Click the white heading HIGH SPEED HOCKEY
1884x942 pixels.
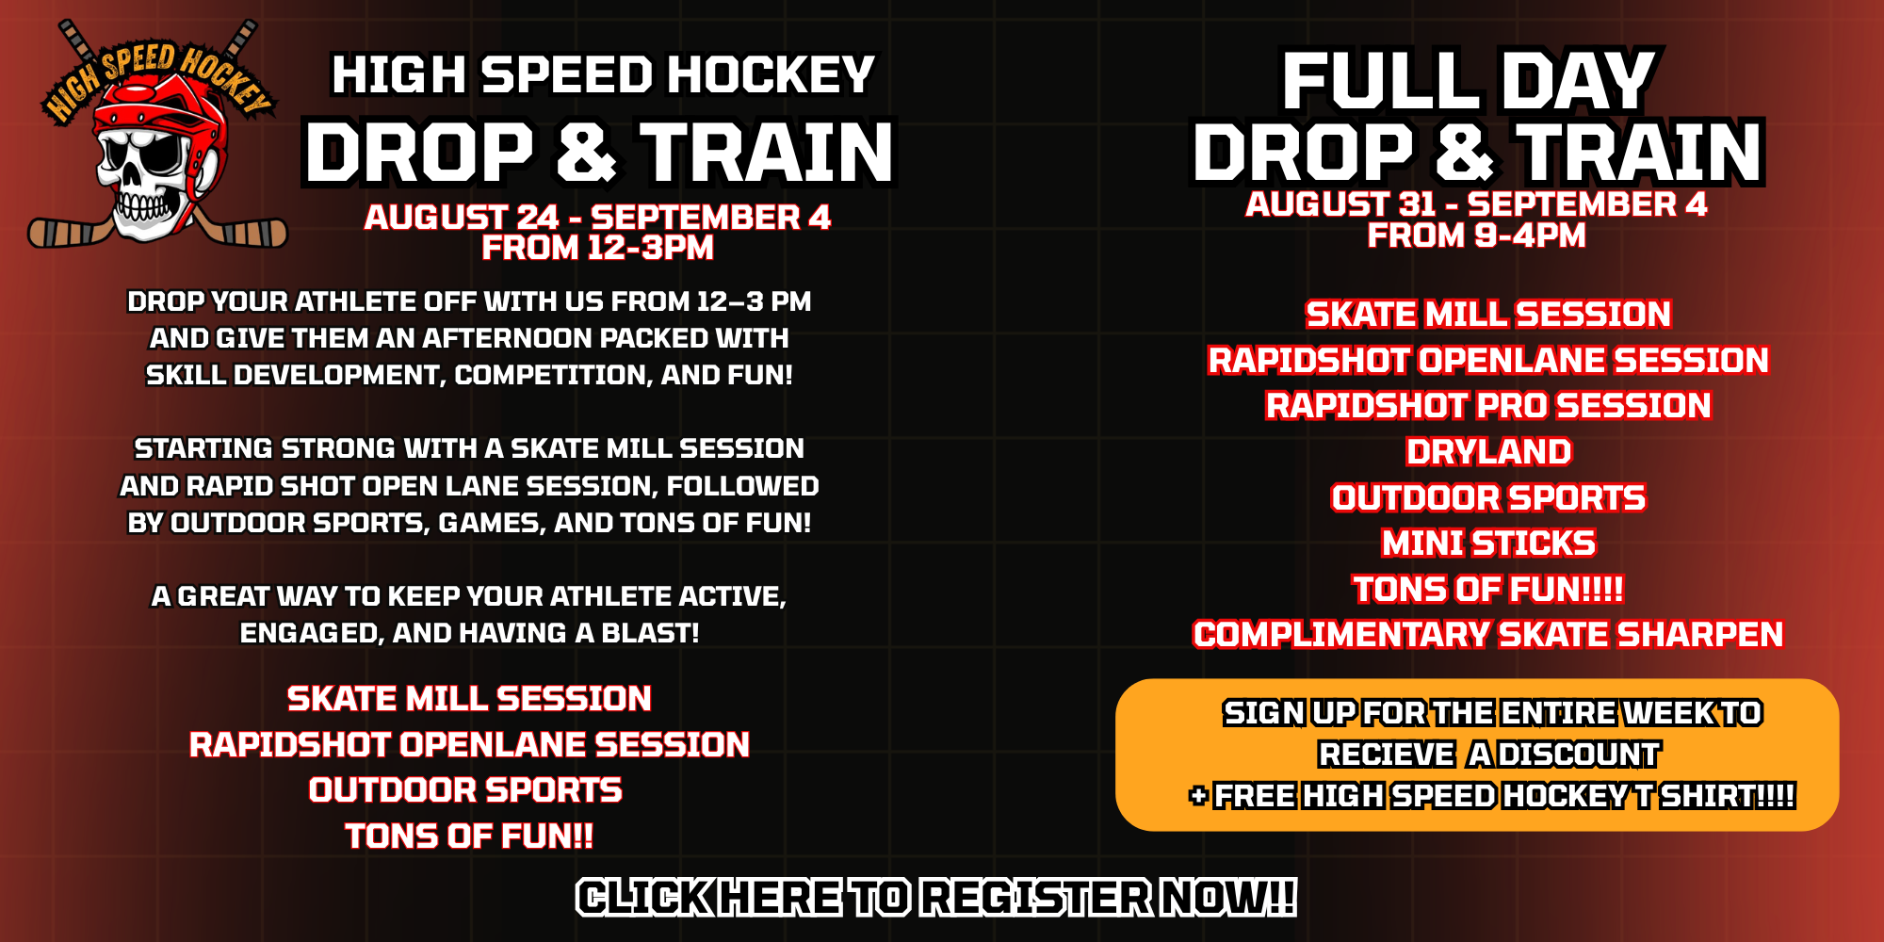pos(603,75)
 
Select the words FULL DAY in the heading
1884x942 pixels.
pos(1469,81)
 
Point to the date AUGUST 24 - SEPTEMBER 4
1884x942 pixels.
pos(598,218)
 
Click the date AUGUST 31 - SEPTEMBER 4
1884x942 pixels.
pos(1476,204)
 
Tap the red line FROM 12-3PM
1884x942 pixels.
pos(598,248)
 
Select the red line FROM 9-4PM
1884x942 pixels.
pos(1476,235)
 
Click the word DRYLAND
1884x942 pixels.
pos(1488,452)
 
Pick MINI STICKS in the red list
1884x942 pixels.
pos(1488,544)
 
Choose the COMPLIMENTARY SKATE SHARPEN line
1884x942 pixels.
pos(1488,635)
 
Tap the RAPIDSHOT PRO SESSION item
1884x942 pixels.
pos(1488,406)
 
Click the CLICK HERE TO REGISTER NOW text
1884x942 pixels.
pos(936,897)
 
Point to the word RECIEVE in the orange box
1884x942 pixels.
pos(1387,755)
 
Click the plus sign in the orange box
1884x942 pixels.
pos(1198,796)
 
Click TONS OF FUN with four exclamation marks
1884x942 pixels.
pos(1488,590)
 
